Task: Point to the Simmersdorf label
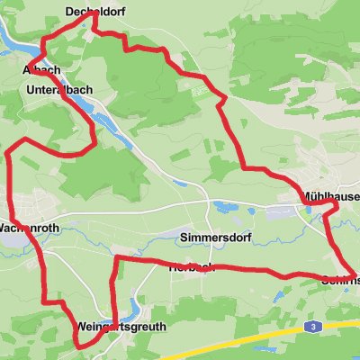pos(217,238)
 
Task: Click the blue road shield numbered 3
pos(310,326)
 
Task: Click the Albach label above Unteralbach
pos(41,69)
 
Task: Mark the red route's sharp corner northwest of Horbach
pos(118,260)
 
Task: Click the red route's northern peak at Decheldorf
pos(92,23)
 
